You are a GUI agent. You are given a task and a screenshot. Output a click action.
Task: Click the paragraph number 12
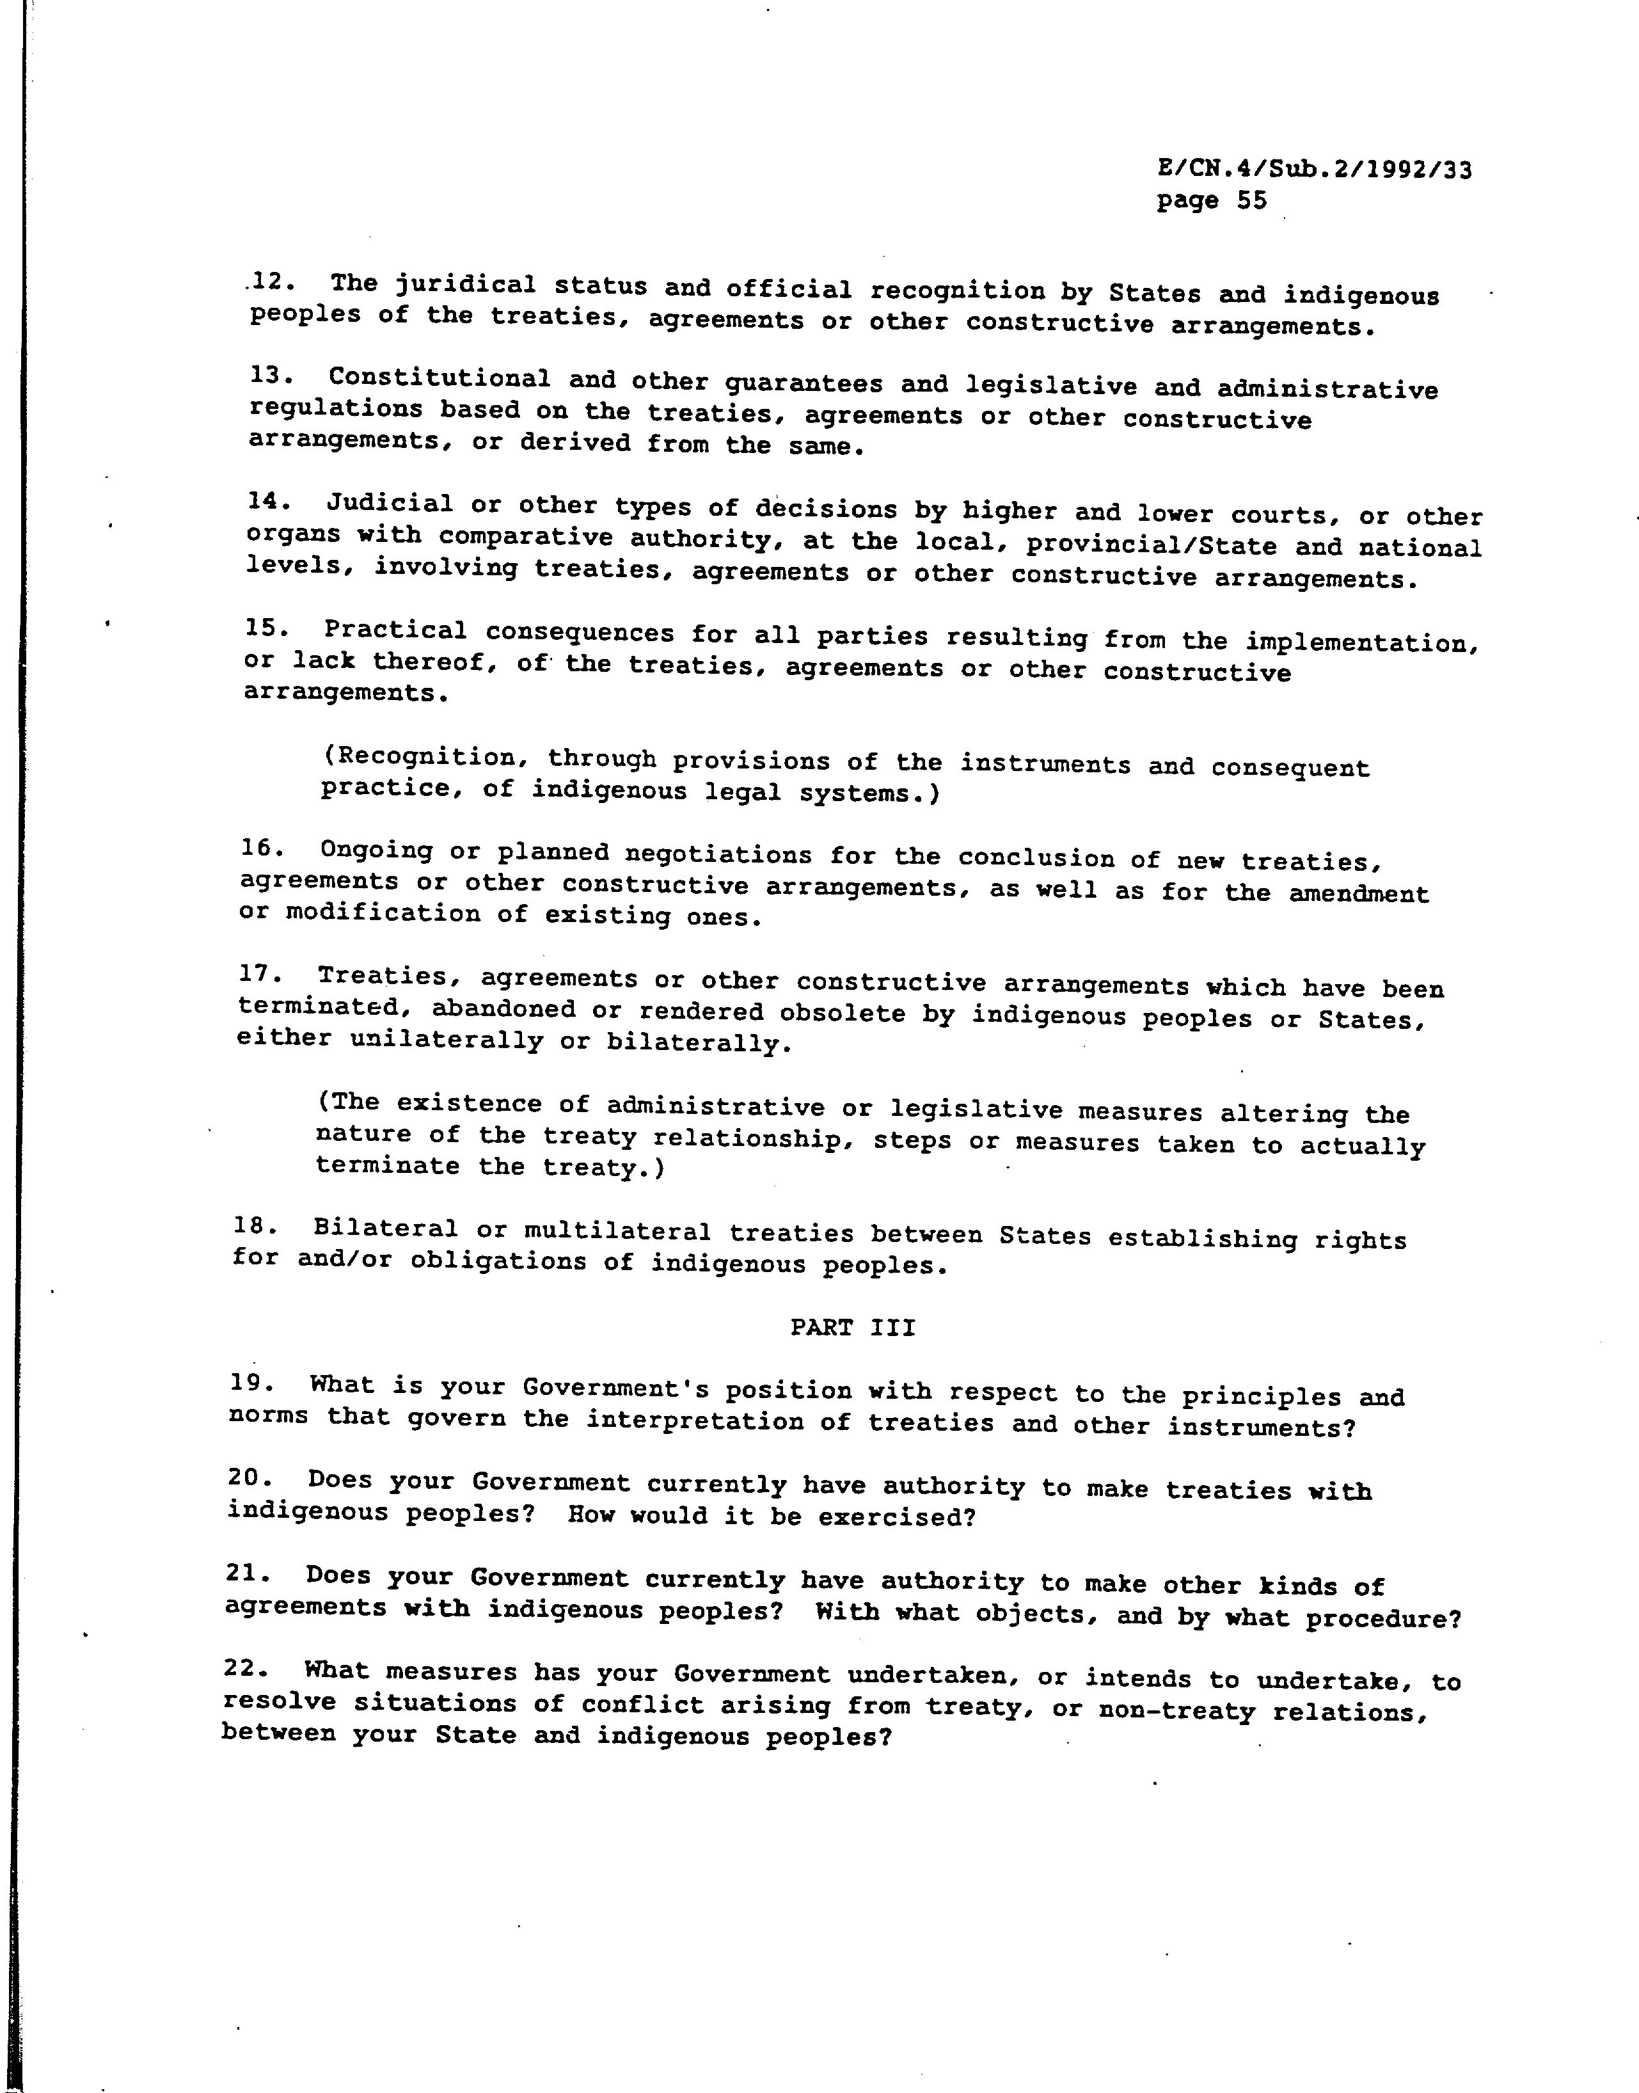click(264, 282)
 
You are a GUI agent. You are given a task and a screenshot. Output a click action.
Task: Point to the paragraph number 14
click(263, 501)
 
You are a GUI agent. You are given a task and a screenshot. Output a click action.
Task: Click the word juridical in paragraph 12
click(466, 285)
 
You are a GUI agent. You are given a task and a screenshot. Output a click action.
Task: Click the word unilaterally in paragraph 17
click(447, 1040)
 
